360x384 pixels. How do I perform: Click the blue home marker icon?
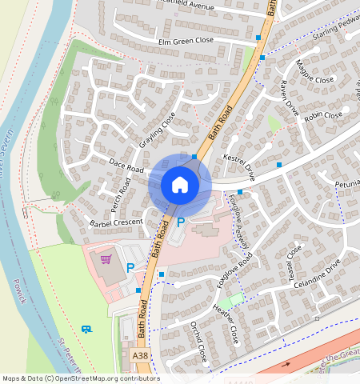(x=180, y=185)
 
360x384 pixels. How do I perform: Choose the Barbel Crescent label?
(x=116, y=222)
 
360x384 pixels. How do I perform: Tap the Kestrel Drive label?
(x=238, y=166)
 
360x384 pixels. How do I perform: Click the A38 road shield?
(x=140, y=354)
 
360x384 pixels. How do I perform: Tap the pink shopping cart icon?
(x=106, y=258)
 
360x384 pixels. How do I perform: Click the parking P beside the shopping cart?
(x=130, y=268)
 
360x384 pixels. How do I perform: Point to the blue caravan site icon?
(x=86, y=328)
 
